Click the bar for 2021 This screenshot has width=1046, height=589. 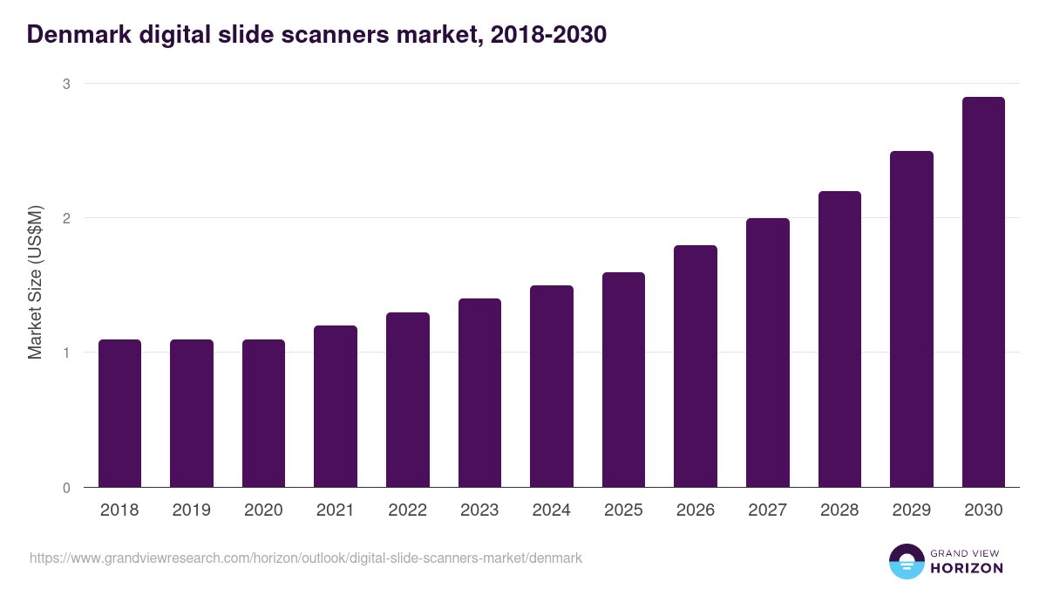point(336,406)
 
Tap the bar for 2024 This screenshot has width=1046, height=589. point(551,386)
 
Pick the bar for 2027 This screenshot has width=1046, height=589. point(767,353)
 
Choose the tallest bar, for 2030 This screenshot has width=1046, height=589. point(983,291)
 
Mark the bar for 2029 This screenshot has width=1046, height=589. point(911,318)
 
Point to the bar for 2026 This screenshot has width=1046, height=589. point(696,366)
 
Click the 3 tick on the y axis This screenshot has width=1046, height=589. point(65,84)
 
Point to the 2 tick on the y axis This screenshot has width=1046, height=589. point(65,218)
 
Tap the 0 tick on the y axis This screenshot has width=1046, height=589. point(65,488)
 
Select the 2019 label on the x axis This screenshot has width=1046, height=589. point(191,510)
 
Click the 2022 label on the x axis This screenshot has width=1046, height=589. point(407,510)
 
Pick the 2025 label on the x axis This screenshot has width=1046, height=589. point(623,510)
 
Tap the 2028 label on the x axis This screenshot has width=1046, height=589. point(839,510)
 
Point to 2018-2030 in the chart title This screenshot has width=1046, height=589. point(548,35)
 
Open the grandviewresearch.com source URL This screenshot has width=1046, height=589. point(305,558)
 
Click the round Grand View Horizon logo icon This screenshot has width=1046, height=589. point(906,561)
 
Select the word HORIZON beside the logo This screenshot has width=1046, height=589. point(967,568)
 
